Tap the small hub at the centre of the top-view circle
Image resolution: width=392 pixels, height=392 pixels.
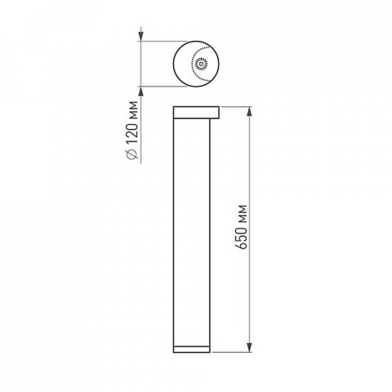coord(202,61)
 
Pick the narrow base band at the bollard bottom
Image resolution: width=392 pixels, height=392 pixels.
coord(195,349)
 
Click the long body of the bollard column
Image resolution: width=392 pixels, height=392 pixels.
coord(195,229)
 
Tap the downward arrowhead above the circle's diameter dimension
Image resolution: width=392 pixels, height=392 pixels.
coord(144,35)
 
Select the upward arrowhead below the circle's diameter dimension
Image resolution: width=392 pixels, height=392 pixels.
coord(144,88)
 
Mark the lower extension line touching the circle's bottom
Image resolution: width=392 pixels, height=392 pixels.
coord(163,84)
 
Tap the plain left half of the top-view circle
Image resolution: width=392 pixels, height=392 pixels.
coord(181,62)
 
